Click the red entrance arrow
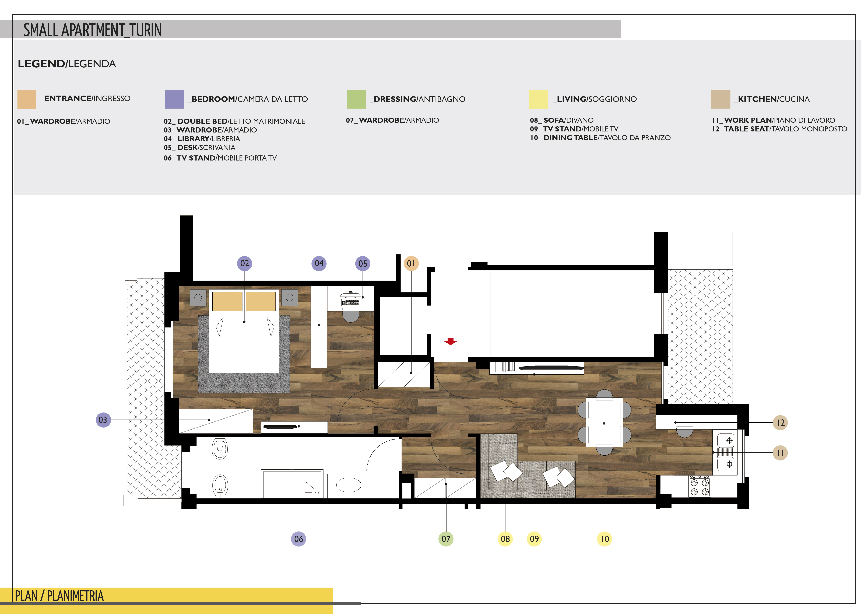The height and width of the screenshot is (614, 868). pos(450,341)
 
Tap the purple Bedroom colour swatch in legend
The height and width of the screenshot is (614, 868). pos(174,99)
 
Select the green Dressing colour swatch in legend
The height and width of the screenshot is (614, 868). pos(357,99)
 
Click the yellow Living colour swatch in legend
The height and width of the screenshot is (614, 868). pos(538,99)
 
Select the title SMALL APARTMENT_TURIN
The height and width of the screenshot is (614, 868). pos(93,30)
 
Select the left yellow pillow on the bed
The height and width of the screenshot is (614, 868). pos(227,301)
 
